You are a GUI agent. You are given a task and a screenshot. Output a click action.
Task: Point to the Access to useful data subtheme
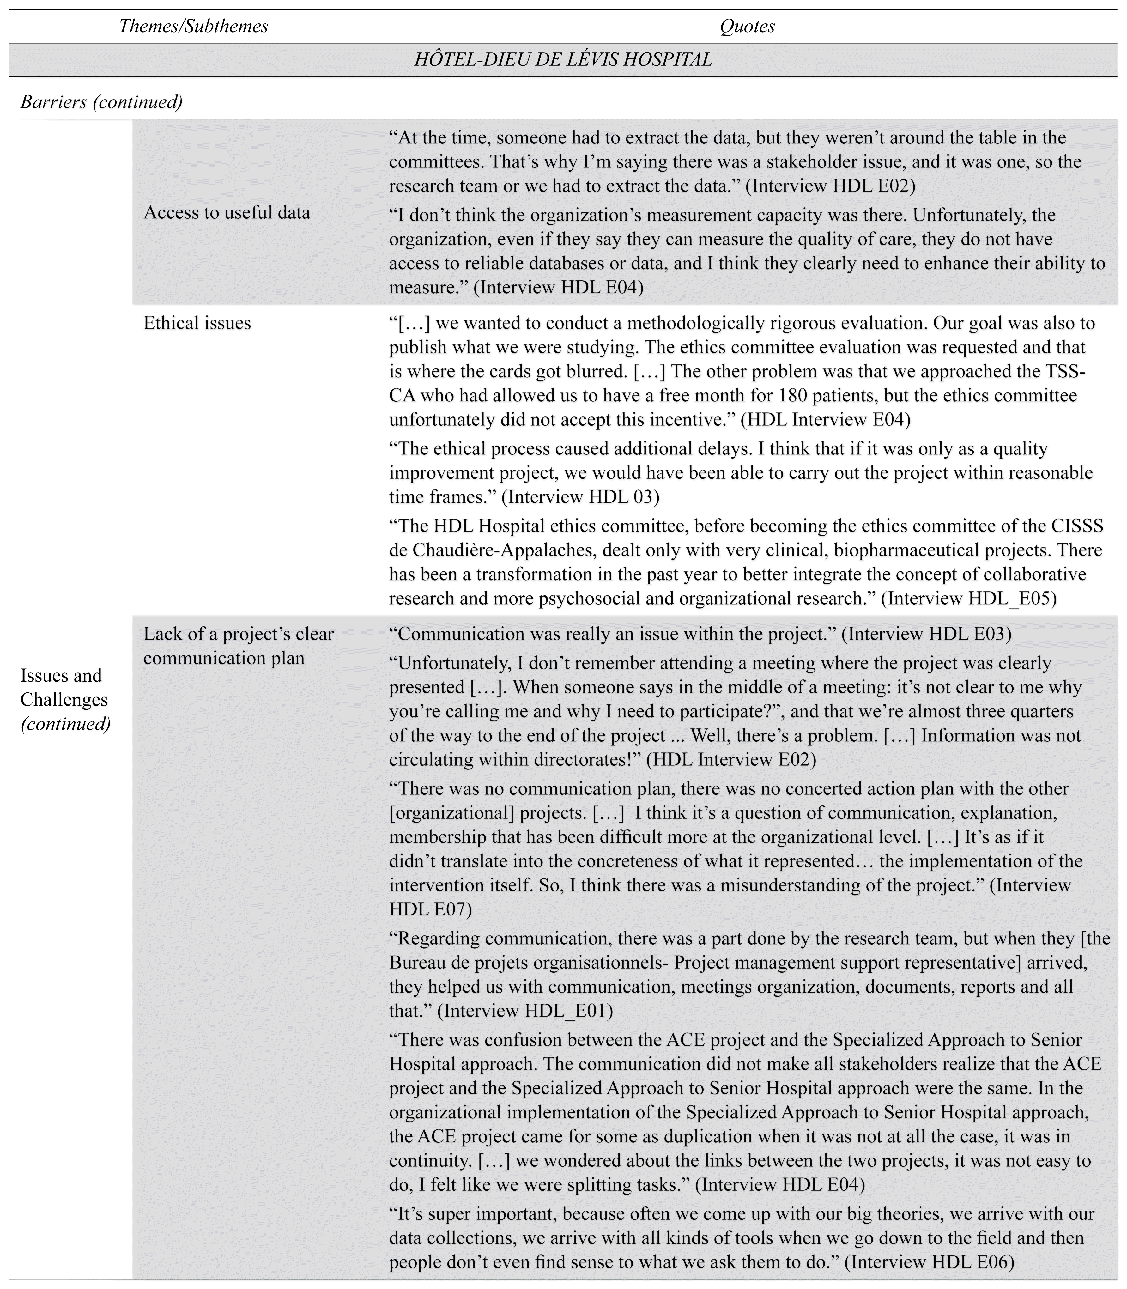[227, 213]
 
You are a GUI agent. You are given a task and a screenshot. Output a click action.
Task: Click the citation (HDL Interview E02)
[731, 759]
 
